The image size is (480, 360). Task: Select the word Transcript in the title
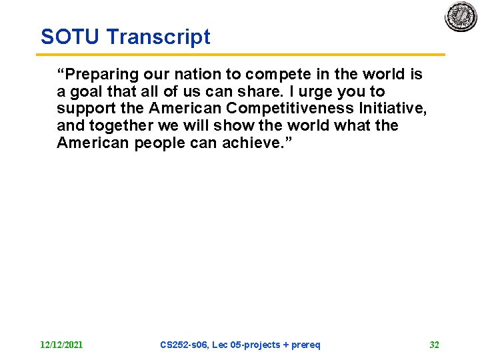coord(159,37)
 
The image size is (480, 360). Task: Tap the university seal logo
coord(461,17)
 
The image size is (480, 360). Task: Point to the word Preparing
coord(100,74)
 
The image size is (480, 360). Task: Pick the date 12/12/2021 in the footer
coord(61,345)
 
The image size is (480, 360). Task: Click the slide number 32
coord(434,345)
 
